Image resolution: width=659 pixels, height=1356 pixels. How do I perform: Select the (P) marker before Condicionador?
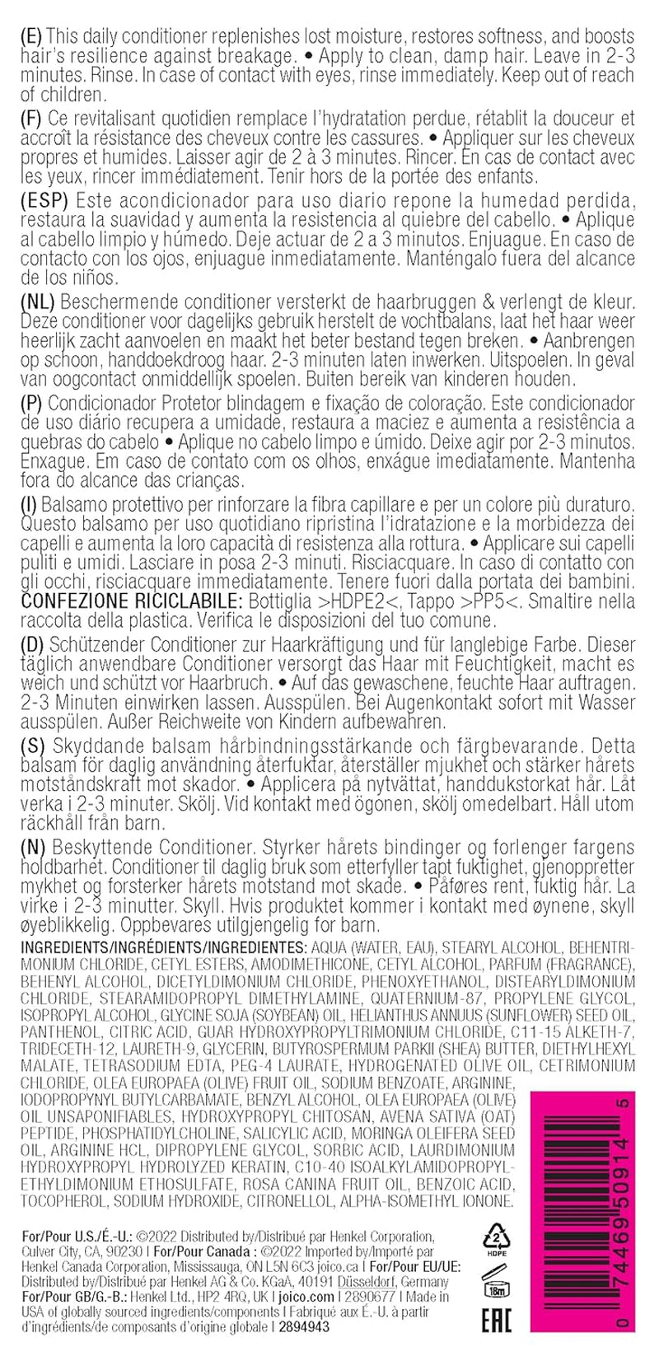[31, 402]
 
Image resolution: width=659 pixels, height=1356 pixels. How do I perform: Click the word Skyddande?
[91, 746]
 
